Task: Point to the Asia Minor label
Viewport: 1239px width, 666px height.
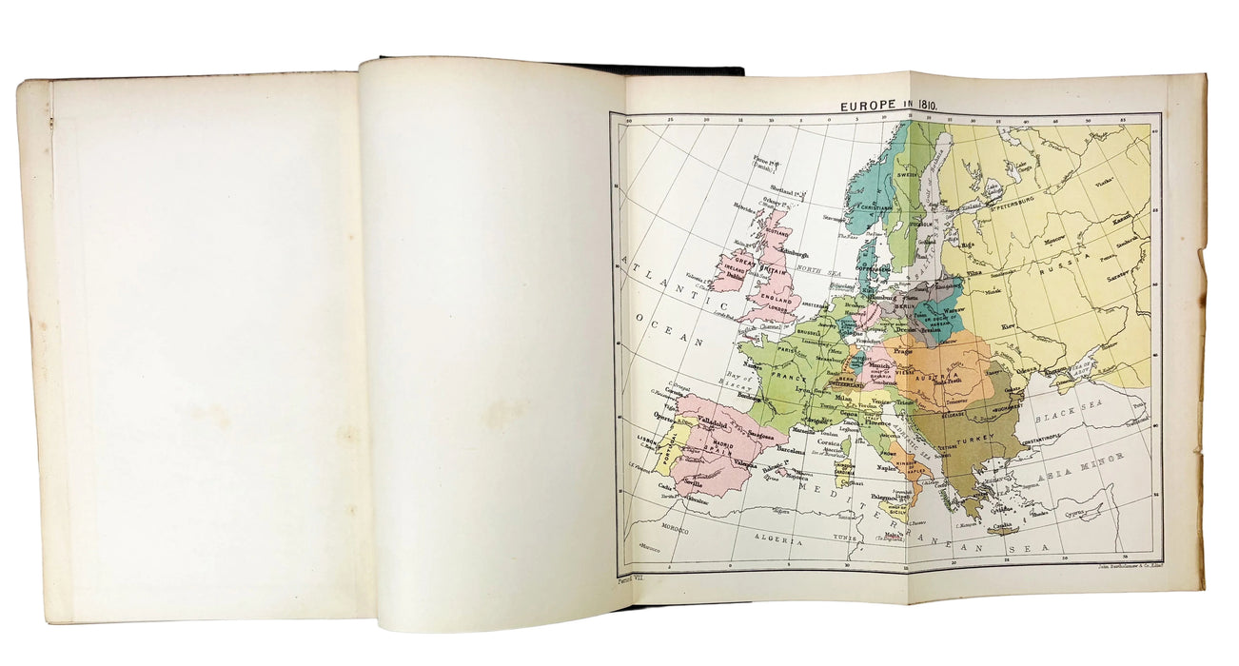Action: point(1110,463)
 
